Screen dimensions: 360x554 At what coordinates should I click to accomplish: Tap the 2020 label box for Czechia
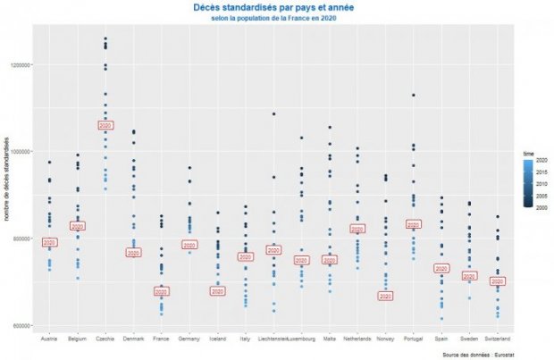(105, 125)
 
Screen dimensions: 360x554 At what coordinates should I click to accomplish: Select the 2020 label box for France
(161, 292)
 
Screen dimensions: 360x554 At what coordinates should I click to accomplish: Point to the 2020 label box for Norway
(385, 296)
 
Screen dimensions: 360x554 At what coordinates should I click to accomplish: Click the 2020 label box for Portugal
(414, 225)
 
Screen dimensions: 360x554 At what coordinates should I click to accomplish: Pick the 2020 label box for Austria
(50, 242)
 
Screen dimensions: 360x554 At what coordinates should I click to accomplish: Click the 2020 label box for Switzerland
(498, 281)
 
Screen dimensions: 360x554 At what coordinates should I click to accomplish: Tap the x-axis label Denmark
(133, 339)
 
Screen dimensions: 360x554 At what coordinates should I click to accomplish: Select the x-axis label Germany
(189, 339)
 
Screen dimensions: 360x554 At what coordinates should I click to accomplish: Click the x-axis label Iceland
(217, 339)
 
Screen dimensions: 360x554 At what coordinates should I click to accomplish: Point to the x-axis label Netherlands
(357, 339)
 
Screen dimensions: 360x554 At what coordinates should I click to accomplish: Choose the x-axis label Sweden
(470, 339)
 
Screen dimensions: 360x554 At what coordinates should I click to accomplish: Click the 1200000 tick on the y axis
(21, 65)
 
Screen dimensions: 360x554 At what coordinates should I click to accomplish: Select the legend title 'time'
(528, 154)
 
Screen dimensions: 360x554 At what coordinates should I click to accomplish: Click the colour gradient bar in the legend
(528, 184)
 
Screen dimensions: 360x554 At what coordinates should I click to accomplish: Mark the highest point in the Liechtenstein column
(273, 113)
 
